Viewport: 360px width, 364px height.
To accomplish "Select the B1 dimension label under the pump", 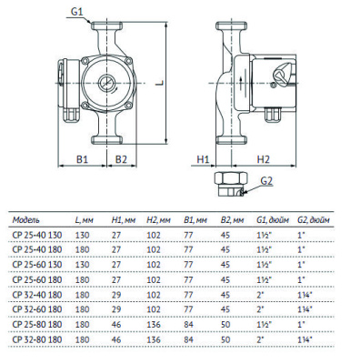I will (x=81, y=158).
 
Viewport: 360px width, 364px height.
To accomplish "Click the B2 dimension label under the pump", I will (x=120, y=158).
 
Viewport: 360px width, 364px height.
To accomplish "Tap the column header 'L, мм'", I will (x=84, y=220).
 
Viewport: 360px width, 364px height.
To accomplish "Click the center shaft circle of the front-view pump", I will (x=107, y=89).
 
